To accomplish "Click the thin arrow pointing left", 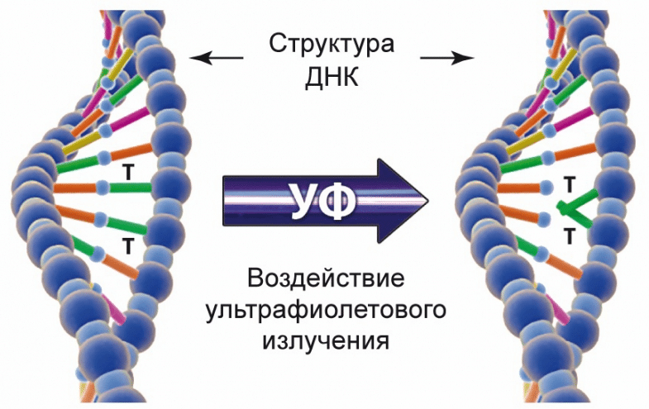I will click(217, 58).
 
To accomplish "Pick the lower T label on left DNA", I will click(128, 245).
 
